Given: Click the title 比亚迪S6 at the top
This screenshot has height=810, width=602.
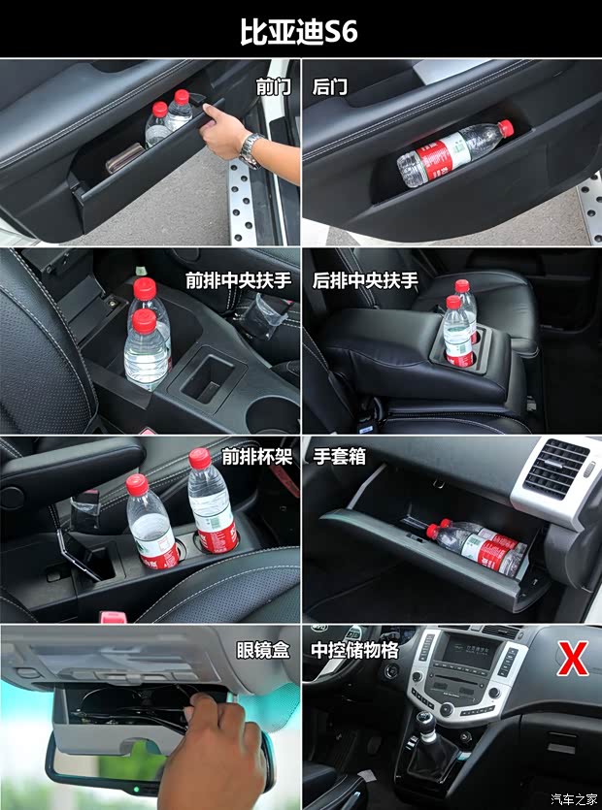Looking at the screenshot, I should (299, 31).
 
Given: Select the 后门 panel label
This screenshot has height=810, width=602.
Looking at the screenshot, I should (330, 87).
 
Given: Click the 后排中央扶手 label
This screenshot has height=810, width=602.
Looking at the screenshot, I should (365, 281).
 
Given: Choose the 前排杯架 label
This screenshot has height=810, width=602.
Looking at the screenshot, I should (256, 457).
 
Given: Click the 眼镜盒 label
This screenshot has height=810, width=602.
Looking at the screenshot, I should (263, 651).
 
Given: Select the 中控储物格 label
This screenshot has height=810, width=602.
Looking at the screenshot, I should (355, 651).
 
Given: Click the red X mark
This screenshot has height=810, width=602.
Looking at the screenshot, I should (573, 659).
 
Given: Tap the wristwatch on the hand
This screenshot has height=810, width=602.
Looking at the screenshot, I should (251, 148).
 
